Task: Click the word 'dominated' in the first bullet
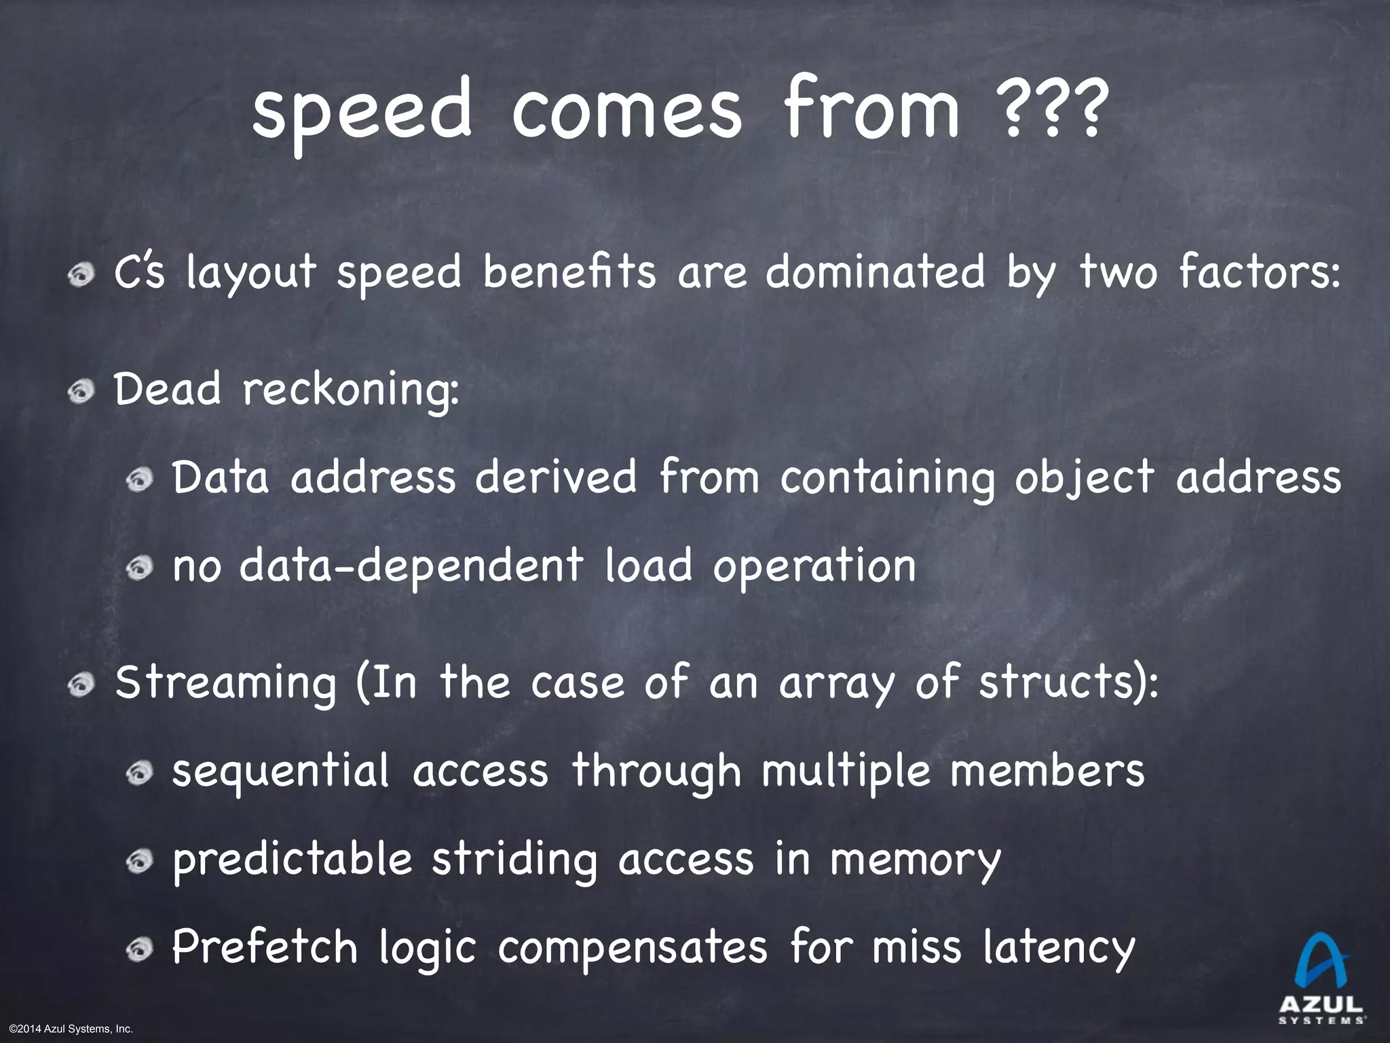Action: click(x=876, y=272)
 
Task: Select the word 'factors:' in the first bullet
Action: click(x=1260, y=272)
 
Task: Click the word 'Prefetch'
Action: click(x=265, y=947)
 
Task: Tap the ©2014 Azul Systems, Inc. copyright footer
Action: click(x=67, y=1029)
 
